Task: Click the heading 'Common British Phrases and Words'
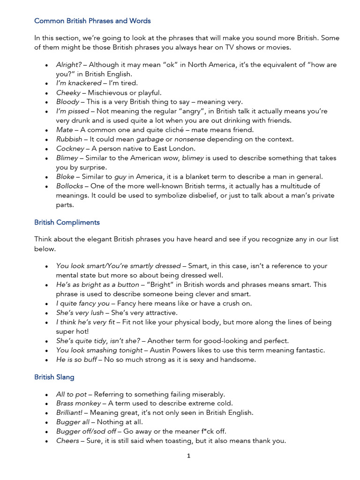92,21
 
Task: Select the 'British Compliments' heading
67,222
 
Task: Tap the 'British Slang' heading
54,377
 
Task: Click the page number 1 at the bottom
188,456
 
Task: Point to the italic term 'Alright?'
69,65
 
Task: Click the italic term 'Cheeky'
68,93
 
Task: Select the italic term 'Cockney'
70,149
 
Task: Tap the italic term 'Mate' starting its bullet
65,130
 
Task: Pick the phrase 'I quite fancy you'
82,303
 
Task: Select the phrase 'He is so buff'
76,360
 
